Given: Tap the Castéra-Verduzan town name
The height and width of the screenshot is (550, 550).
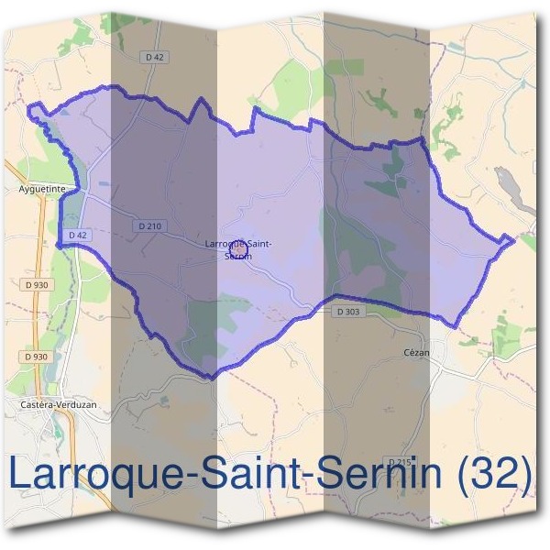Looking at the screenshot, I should (57, 403).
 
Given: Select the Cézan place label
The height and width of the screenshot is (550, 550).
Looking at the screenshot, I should (416, 350).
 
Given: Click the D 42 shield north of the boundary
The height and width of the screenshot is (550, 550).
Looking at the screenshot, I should (155, 57).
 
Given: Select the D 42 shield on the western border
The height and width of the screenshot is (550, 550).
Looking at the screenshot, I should (77, 236).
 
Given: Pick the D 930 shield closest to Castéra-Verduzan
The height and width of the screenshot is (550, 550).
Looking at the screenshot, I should (37, 356).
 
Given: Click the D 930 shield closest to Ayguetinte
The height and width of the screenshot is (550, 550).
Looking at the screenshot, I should (37, 285).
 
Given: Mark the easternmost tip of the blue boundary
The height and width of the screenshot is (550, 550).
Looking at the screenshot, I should (512, 240).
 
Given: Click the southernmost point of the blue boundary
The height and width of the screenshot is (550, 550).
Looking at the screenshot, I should (209, 377).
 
